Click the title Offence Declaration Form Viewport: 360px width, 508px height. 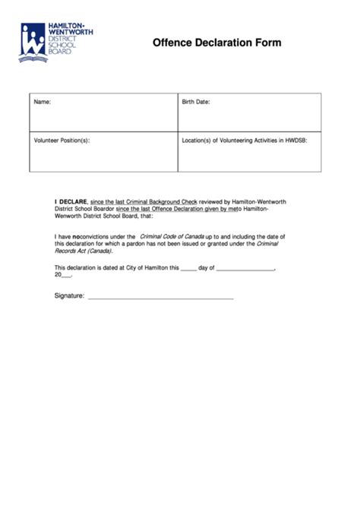point(216,43)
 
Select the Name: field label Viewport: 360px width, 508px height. point(43,101)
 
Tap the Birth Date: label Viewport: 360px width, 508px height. point(196,101)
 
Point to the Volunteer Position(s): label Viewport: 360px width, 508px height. point(62,140)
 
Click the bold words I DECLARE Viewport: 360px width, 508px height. point(71,202)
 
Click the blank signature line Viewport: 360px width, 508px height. point(160,298)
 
